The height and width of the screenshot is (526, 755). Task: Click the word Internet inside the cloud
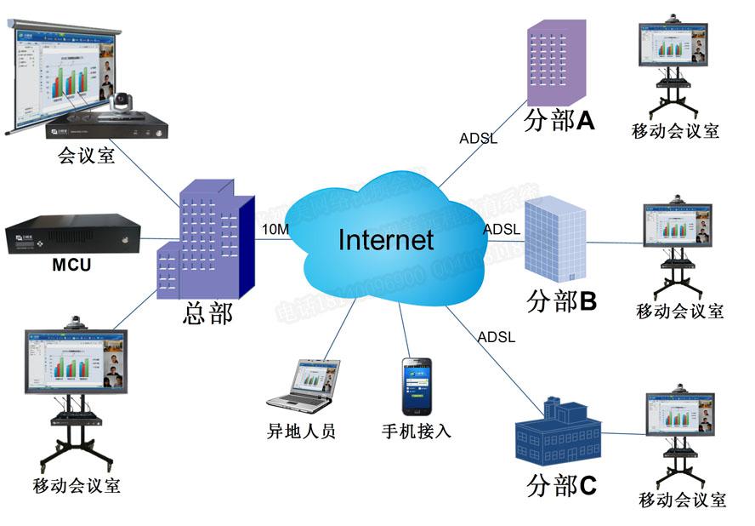(x=386, y=239)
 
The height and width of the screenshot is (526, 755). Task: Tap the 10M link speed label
(x=275, y=230)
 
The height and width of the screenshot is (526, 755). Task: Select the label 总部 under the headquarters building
(x=207, y=312)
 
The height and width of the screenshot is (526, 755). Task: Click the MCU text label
(x=71, y=265)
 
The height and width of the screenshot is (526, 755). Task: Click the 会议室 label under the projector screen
(x=86, y=156)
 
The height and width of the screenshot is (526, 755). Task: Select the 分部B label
(x=562, y=301)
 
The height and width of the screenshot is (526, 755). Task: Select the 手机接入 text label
(x=416, y=431)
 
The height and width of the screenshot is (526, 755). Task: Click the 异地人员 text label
(x=302, y=431)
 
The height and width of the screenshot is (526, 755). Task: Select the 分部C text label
(x=561, y=486)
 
